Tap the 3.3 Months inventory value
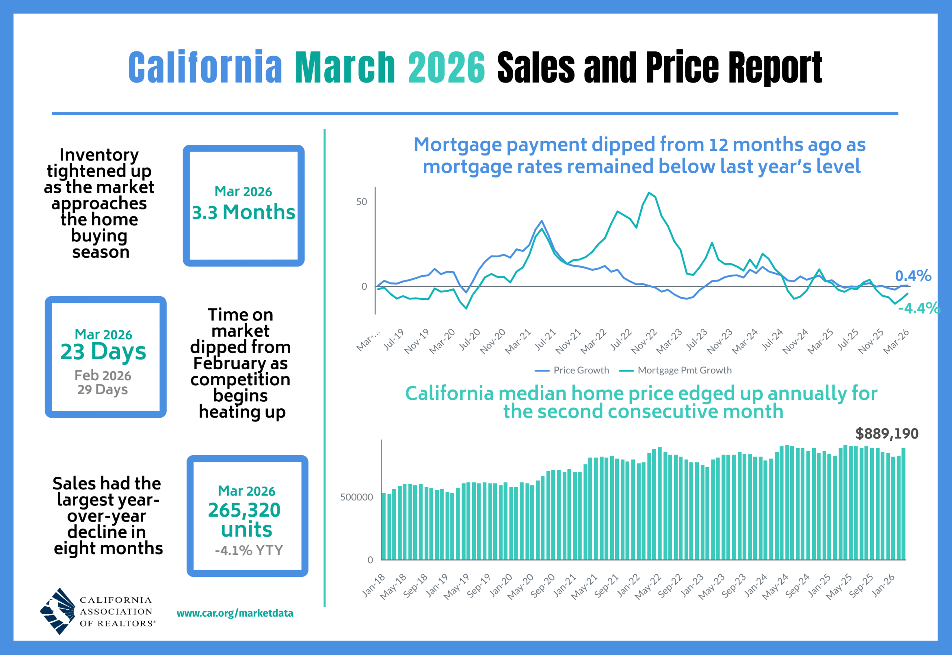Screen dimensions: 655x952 coord(243,212)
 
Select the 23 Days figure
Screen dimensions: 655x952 coord(103,352)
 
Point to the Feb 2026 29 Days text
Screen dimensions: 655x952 coord(103,382)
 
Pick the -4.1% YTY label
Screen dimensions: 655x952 coord(249,550)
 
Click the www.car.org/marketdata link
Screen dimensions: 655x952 coord(235,613)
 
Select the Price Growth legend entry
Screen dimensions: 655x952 coord(572,370)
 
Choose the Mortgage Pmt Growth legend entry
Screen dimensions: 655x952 coord(676,370)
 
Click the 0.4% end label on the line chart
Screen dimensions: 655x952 coord(913,276)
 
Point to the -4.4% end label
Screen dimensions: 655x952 coord(919,308)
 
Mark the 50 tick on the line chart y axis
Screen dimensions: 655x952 coord(361,202)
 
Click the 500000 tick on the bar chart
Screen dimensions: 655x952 coord(356,497)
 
